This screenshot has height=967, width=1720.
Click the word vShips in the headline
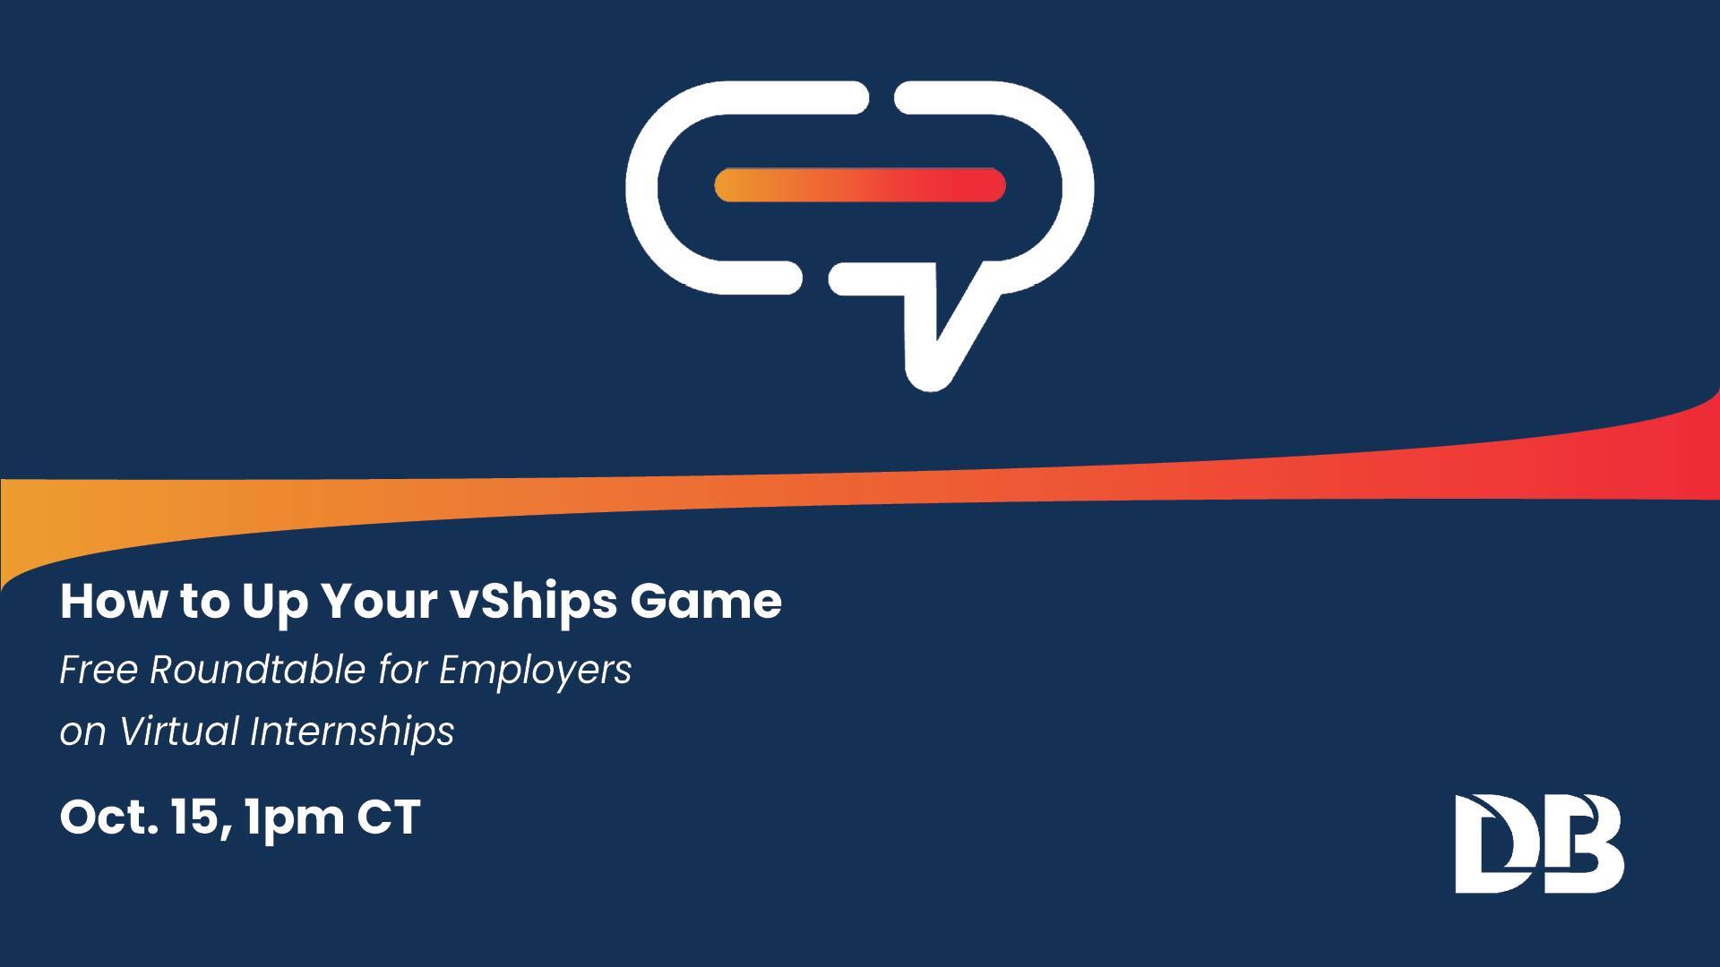pyautogui.click(x=534, y=602)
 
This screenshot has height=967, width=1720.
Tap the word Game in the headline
pyautogui.click(x=706, y=600)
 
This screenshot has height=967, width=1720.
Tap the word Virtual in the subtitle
pyautogui.click(x=178, y=731)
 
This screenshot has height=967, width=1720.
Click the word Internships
pyautogui.click(x=352, y=732)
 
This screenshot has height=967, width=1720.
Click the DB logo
pyautogui.click(x=1539, y=843)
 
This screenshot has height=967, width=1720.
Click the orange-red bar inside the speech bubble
pyautogui.click(x=860, y=184)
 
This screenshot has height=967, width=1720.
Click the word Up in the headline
pyautogui.click(x=274, y=602)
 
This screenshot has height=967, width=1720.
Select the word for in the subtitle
pyautogui.click(x=402, y=670)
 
